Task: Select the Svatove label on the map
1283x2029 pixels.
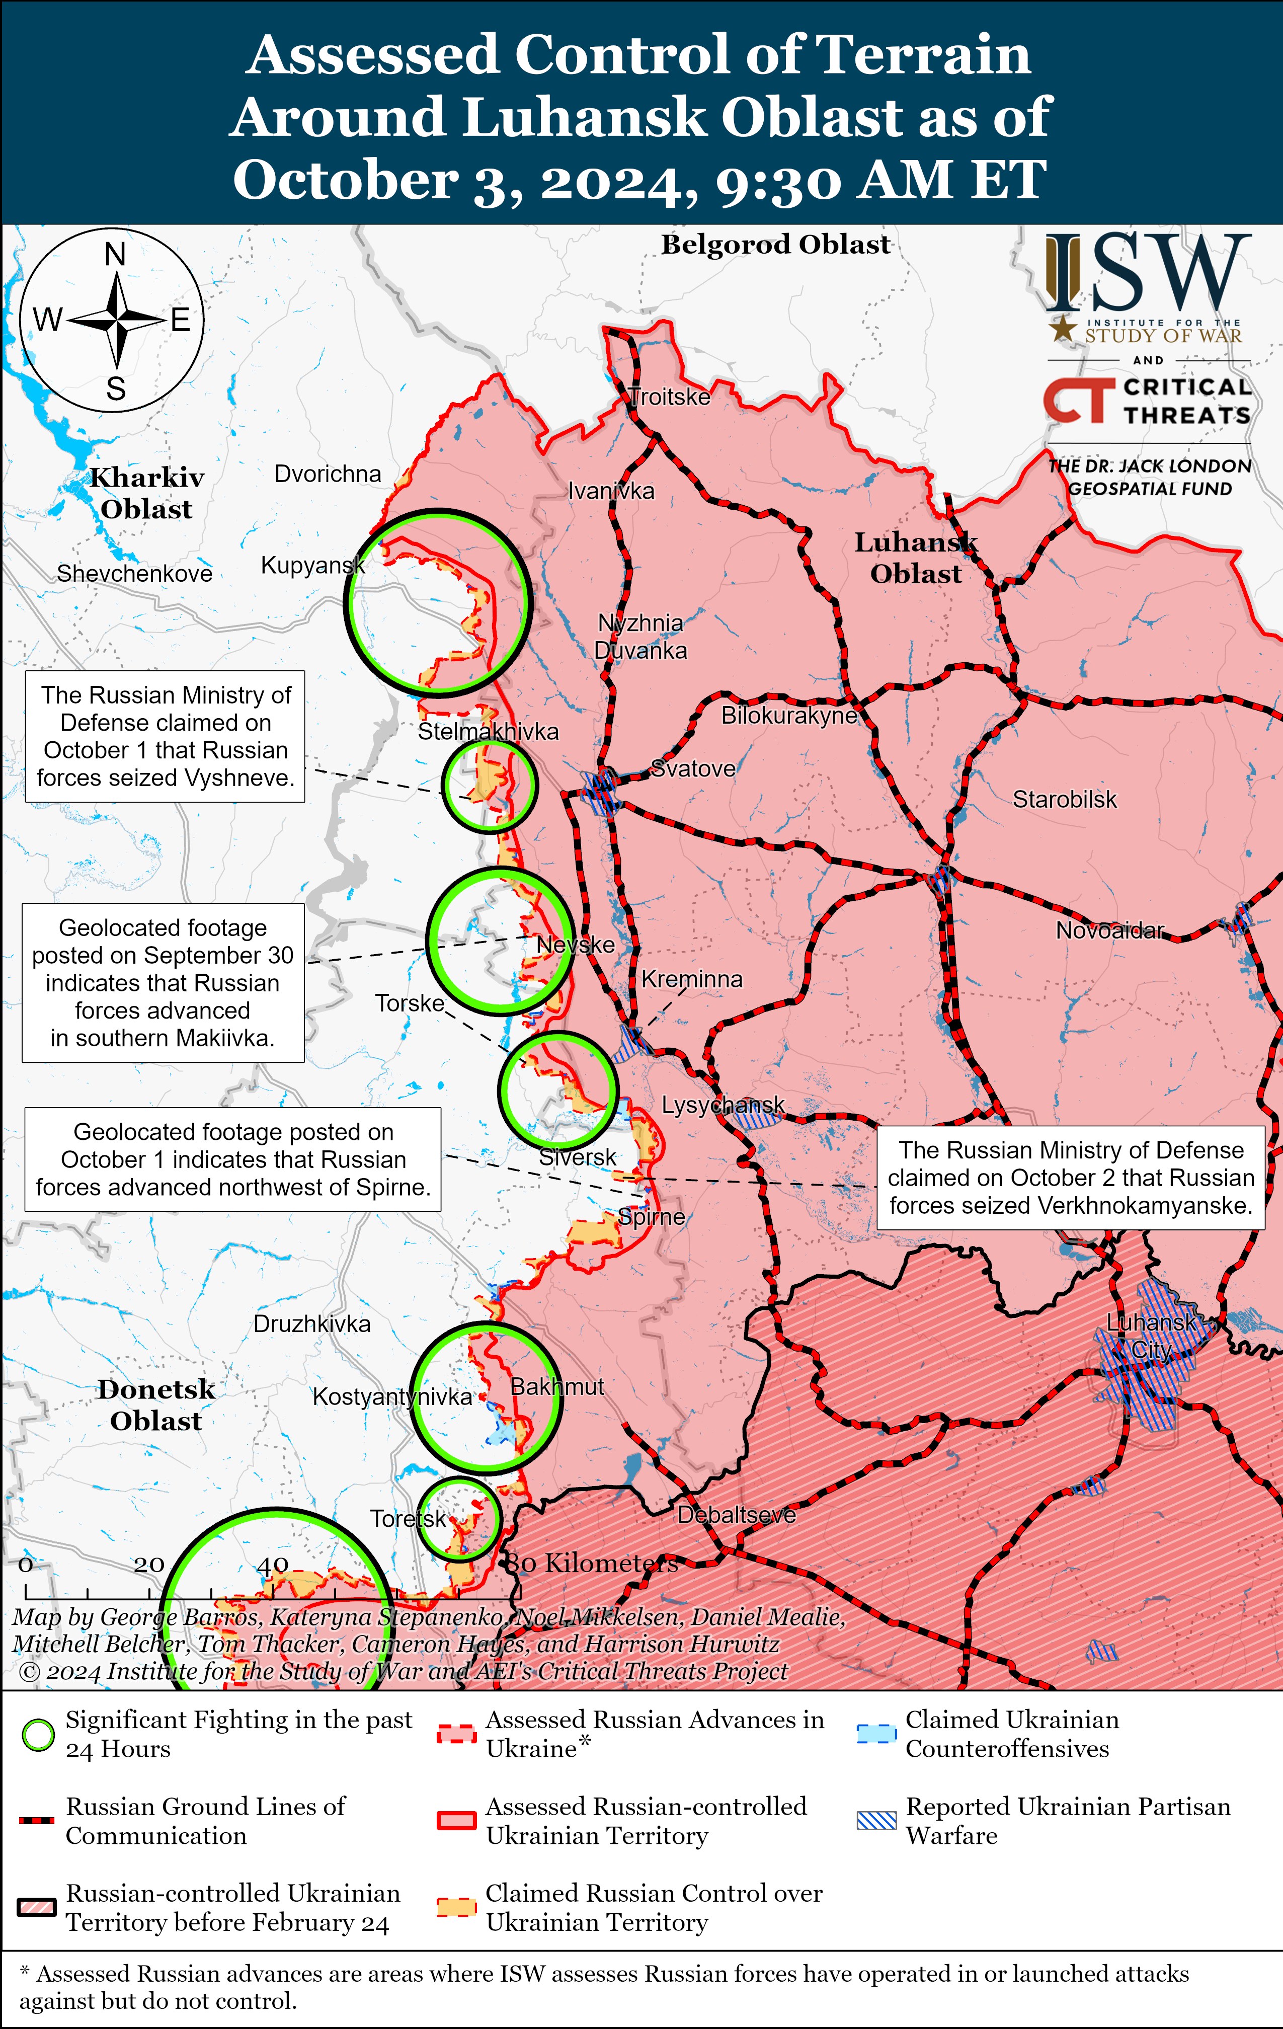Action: coord(693,768)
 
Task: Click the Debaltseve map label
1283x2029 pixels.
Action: coord(736,1514)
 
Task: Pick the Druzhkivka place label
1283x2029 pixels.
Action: coord(312,1324)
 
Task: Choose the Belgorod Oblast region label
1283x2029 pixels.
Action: coord(775,245)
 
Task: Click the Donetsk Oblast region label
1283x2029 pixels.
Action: coord(156,1404)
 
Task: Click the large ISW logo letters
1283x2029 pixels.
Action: coord(1146,274)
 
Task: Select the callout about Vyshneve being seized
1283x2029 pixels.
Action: coord(165,736)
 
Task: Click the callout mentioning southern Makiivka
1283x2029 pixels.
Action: coord(163,982)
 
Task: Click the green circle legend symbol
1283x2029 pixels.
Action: coord(38,1735)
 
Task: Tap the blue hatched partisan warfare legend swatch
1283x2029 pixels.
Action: coord(876,1821)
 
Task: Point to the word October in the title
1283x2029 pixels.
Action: coord(345,180)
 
